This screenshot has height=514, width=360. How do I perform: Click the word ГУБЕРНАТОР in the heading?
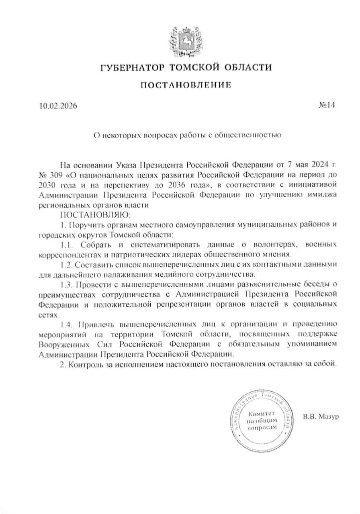click(131, 67)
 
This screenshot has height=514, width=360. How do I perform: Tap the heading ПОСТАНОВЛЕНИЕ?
click(185, 85)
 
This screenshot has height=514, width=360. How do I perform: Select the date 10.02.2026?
click(58, 106)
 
